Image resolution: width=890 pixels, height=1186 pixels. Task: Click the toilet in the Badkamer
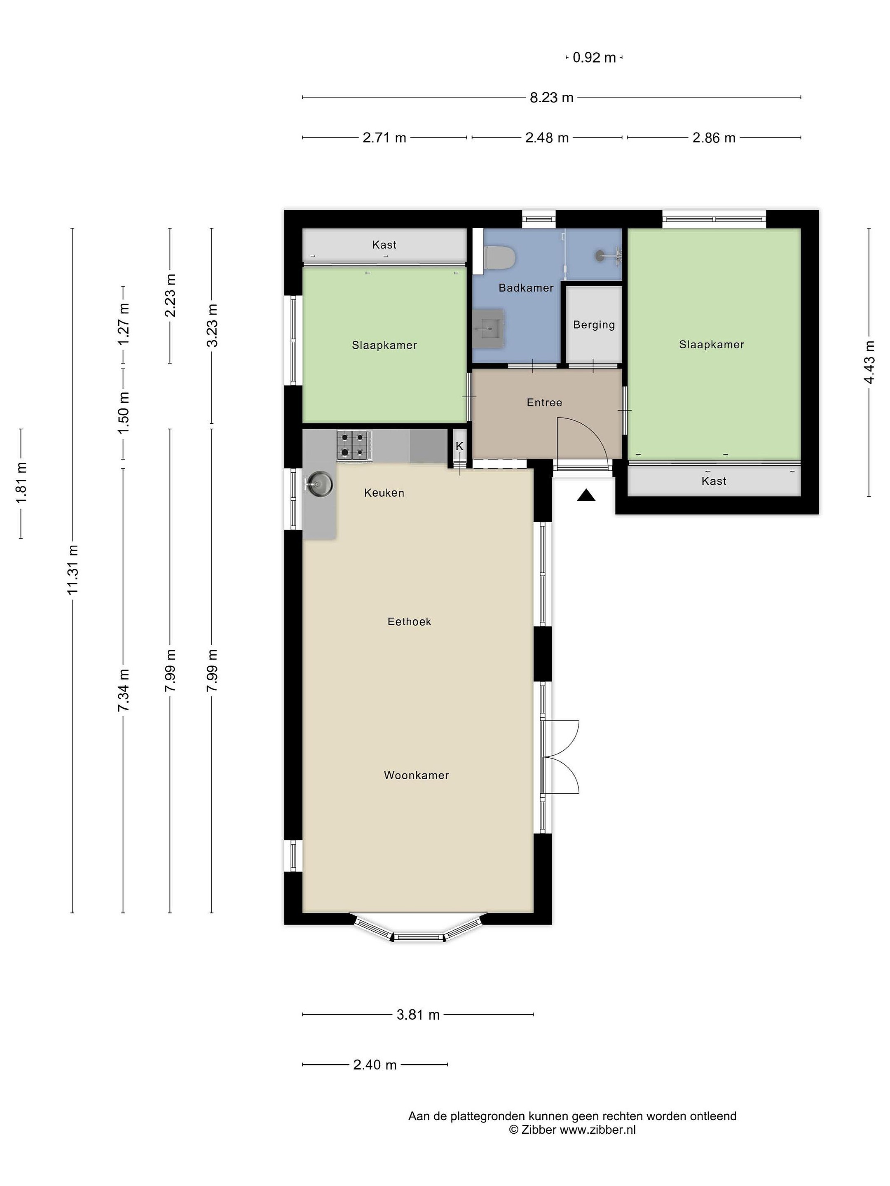[x=499, y=257]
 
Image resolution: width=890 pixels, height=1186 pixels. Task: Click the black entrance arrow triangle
[x=586, y=496]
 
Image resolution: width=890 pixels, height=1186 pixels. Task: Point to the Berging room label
[x=594, y=325]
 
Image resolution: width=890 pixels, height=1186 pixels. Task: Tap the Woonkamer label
[x=416, y=775]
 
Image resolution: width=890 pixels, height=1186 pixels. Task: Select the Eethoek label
[x=409, y=621]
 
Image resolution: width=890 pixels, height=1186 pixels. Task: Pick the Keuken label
[x=384, y=493]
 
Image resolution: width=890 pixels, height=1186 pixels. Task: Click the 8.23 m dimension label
[x=551, y=98]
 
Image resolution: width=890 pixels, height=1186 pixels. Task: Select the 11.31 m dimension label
[x=73, y=570]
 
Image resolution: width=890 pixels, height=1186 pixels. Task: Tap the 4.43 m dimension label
[x=870, y=362]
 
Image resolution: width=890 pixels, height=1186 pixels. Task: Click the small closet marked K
[x=460, y=446]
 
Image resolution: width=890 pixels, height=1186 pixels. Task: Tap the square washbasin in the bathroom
[x=488, y=329]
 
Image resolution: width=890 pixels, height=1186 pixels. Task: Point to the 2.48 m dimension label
[x=547, y=138]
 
